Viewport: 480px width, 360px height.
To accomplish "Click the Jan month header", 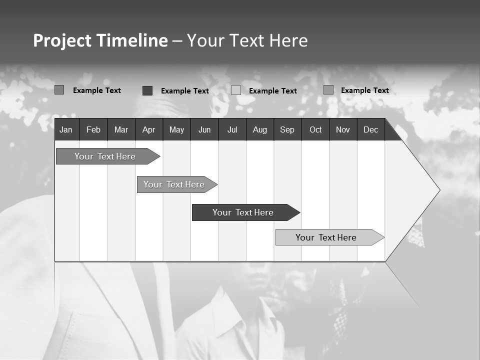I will [66, 130].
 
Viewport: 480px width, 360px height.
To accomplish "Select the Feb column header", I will [93, 130].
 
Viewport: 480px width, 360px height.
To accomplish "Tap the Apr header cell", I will [148, 130].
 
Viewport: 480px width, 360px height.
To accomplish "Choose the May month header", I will [176, 130].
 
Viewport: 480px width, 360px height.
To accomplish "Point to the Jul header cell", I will [232, 130].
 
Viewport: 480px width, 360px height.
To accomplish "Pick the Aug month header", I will [260, 130].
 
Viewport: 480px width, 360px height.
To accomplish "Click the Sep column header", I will [287, 130].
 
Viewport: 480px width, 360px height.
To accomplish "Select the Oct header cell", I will [315, 130].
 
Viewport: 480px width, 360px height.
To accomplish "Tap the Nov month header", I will [343, 130].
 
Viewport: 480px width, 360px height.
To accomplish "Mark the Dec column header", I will [371, 130].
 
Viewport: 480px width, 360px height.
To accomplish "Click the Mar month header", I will [121, 130].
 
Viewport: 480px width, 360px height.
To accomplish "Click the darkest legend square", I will [147, 90].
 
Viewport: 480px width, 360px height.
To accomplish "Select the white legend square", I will [236, 90].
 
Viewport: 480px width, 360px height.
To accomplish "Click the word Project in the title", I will [62, 40].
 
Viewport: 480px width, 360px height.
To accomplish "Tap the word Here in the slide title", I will [288, 40].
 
